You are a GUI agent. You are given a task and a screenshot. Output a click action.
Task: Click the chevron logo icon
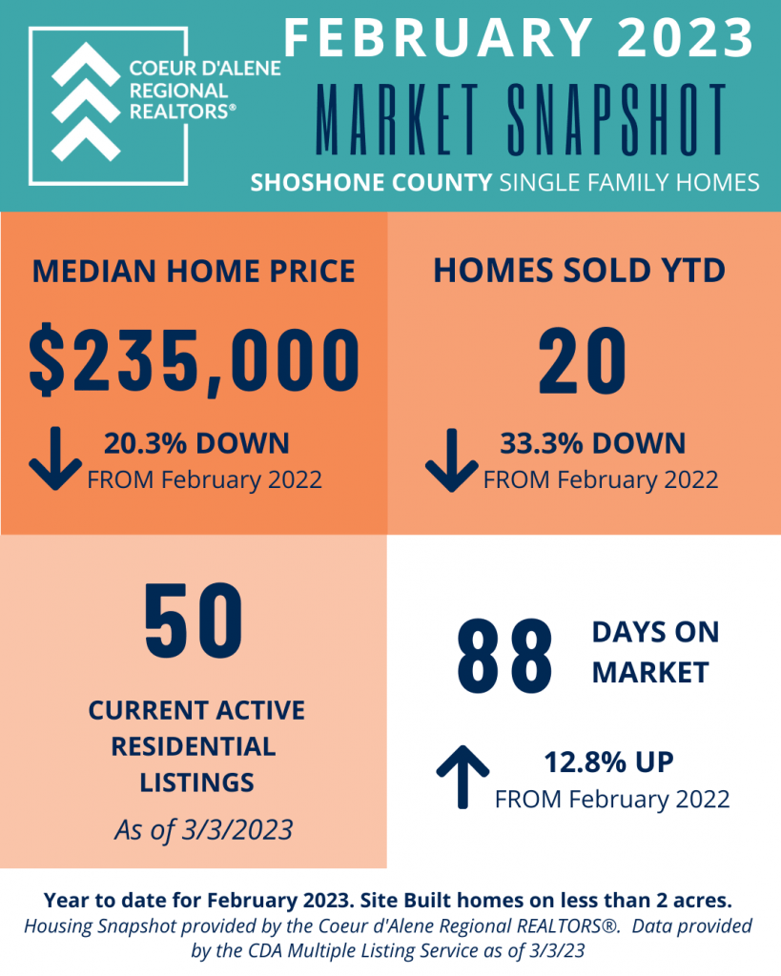pos(85,102)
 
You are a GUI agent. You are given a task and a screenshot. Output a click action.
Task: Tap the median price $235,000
pos(195,360)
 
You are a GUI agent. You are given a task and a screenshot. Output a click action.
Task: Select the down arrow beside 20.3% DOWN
pos(54,458)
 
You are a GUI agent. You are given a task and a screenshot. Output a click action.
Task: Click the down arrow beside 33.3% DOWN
pos(452,460)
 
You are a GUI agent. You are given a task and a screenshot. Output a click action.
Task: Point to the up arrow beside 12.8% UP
pos(462,777)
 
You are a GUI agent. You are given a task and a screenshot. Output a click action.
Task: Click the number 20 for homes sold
pos(583,361)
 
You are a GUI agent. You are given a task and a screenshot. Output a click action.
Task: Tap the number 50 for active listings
pos(194,620)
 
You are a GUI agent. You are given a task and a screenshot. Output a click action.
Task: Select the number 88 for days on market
pos(504,656)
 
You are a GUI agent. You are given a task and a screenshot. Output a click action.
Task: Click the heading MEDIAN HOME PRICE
pos(194,272)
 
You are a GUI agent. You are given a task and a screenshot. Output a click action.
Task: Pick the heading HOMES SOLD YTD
pos(579,271)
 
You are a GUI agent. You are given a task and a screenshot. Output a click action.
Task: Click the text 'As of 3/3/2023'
pos(204,830)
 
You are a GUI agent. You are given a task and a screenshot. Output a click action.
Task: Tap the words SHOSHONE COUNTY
pos(371,182)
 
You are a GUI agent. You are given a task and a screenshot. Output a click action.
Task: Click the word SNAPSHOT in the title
pos(617,119)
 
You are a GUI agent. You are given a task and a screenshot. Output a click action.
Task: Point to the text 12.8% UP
pos(608,762)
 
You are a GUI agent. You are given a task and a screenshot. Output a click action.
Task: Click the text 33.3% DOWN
pos(593,443)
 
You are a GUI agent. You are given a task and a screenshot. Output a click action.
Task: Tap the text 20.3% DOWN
pos(196,443)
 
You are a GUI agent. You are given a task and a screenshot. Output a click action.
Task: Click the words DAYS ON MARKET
pos(656,652)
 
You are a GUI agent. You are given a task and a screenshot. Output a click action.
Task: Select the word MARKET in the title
pos(398,119)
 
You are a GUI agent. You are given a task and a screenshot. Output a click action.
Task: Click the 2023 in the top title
pos(686,37)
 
